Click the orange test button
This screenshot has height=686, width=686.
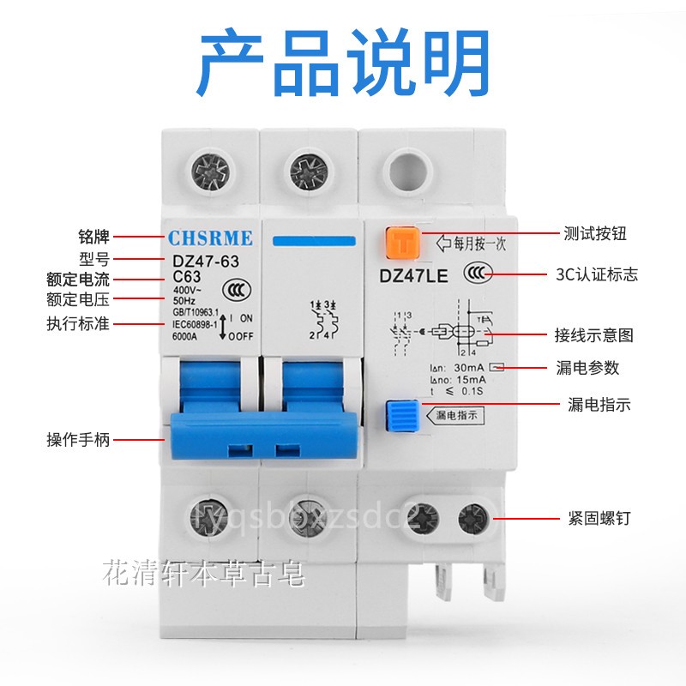coord(400,243)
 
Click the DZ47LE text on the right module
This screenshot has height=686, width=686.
coord(413,275)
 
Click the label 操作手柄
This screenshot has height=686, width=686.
coord(77,440)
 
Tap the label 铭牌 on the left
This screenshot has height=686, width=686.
coord(93,236)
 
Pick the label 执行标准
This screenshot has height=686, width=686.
coord(77,324)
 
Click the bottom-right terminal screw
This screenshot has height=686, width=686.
coord(473,519)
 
